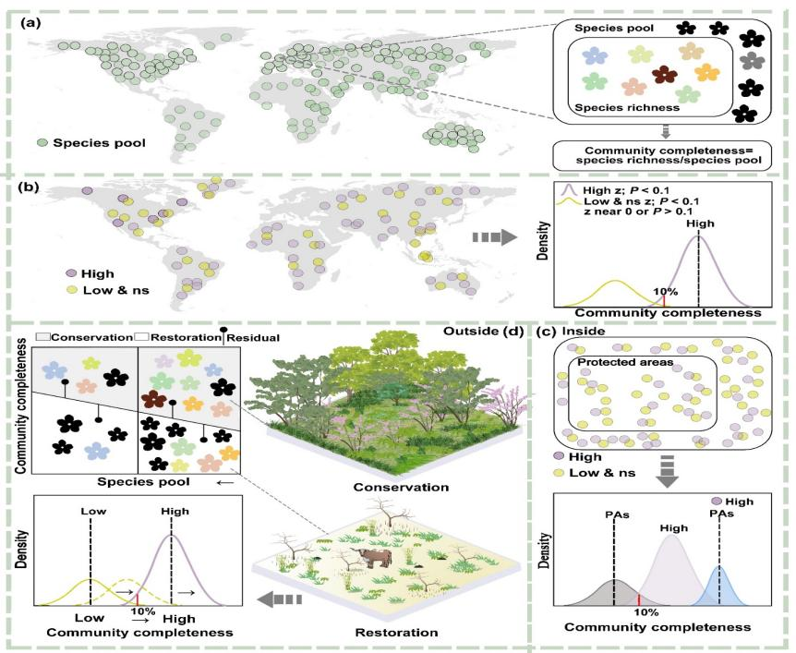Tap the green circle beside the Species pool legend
[x=42, y=143]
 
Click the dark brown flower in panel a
[x=664, y=75]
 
